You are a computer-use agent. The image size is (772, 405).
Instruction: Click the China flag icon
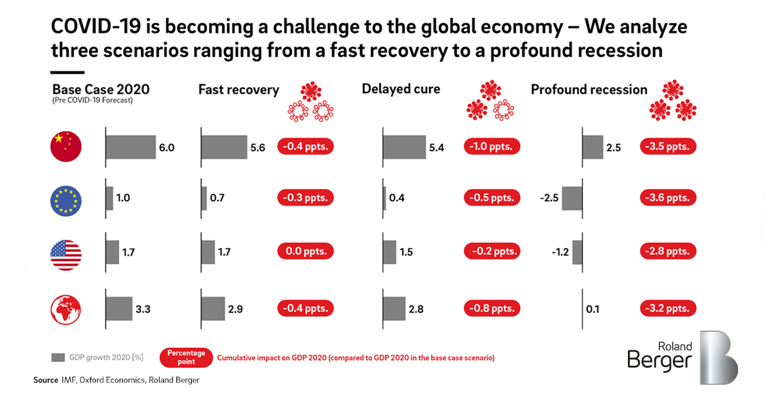tap(66, 147)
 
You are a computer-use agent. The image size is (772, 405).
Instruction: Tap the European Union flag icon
tap(66, 201)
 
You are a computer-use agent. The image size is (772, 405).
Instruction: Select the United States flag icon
tap(66, 255)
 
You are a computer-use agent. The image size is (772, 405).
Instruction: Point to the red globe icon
tap(66, 310)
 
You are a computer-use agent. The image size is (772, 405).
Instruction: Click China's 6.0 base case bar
tap(131, 147)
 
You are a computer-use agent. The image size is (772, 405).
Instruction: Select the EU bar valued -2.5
tap(572, 198)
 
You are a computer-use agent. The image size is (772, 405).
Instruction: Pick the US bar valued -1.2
tap(577, 253)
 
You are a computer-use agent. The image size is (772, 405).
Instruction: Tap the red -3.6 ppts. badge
tap(668, 198)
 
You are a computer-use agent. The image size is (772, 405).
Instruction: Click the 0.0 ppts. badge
tap(306, 251)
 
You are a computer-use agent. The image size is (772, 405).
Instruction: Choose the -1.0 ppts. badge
tap(492, 147)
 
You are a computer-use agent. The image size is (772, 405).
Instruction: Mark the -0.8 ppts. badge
tap(492, 308)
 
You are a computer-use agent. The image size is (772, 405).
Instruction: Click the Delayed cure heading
tap(401, 89)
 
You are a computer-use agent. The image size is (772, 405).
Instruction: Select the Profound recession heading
tap(589, 89)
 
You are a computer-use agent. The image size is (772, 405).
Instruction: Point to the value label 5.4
tap(436, 148)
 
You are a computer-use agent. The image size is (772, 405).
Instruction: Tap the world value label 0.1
tap(593, 309)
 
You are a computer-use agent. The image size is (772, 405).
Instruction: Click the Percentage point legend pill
tap(186, 357)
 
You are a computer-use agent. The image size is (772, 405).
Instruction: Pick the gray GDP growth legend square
tap(58, 357)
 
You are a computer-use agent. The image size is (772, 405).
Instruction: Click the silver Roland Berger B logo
tap(719, 357)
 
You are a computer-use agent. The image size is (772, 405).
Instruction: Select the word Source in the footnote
tap(46, 380)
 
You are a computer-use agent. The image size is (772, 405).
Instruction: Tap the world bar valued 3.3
tap(119, 309)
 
